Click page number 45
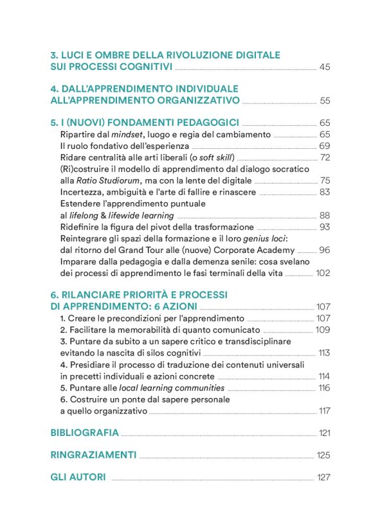tap(324, 67)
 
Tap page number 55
tap(324, 101)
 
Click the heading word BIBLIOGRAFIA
tap(84, 433)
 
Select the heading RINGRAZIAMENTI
tap(93, 455)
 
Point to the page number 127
tap(323, 478)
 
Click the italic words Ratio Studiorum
tap(104, 180)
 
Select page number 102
tap(323, 273)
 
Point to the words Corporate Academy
tap(258, 250)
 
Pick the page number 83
tap(324, 192)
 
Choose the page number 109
tap(323, 329)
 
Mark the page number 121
tap(324, 433)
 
